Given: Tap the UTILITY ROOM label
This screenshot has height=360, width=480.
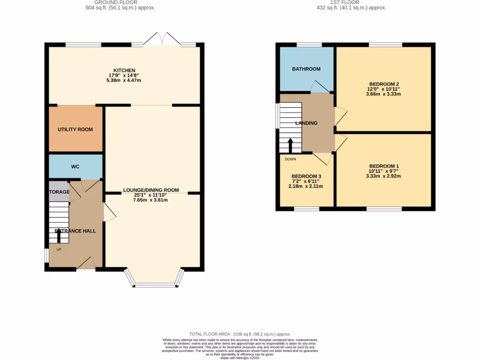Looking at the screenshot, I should coord(75,129).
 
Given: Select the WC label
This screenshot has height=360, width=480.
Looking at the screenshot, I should coord(75,166).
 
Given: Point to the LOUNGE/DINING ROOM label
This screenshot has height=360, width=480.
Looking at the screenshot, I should coord(151,190).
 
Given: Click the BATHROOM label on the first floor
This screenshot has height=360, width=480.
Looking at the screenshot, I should coord(306,69).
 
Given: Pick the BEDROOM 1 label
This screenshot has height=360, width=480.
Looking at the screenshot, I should coord(383,166).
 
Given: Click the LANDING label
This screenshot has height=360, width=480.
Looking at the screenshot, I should coord(306,123).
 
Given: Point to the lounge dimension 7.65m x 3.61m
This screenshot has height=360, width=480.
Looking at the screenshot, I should coord(151,200).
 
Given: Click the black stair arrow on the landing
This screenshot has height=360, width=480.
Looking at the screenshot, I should coord(290,145).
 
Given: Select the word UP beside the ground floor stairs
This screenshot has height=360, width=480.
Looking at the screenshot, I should coord(59,249).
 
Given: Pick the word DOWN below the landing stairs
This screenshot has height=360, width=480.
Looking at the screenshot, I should coord(290,158).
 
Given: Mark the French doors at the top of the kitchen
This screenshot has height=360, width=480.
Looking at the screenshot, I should coord(162,40).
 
